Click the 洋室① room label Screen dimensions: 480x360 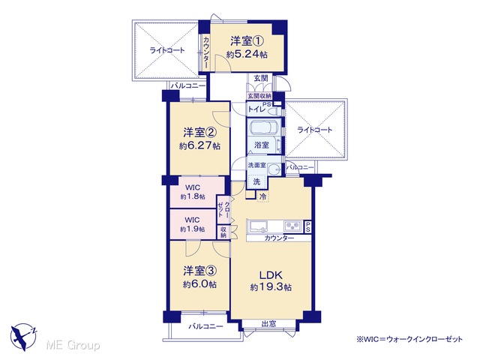[x=247, y=41]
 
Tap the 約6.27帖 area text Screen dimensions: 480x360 [x=199, y=145]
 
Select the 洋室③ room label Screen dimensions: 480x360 [x=200, y=271]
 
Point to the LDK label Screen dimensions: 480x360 [x=271, y=275]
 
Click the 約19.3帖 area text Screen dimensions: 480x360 [x=271, y=287]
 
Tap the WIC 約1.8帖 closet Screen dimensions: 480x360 [x=193, y=192]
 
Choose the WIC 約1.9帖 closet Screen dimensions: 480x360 [x=193, y=224]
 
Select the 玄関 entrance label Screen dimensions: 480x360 [x=261, y=78]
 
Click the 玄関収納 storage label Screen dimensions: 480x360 [x=259, y=96]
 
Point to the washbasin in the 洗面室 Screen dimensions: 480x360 [x=274, y=169]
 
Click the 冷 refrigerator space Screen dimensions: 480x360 [x=262, y=196]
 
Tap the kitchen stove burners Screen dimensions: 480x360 [x=293, y=226]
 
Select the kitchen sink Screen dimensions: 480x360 [x=258, y=226]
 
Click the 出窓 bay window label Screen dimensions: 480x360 [x=268, y=323]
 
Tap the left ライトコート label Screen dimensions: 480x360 [x=167, y=50]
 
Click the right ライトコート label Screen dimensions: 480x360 [x=315, y=130]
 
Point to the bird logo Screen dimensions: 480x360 [x=23, y=337]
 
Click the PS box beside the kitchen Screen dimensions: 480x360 [x=307, y=226]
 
